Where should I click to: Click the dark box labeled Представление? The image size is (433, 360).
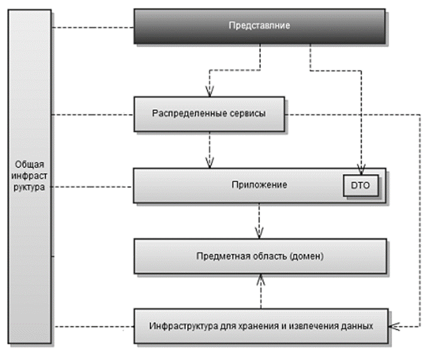tap(260, 27)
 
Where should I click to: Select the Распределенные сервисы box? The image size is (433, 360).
tap(209, 114)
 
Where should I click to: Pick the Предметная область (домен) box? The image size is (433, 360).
tap(260, 256)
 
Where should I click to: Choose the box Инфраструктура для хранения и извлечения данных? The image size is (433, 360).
tap(261, 327)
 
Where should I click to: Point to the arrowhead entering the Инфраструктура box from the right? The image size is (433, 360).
tap(393, 327)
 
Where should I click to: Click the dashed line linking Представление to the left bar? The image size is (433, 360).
tap(92, 28)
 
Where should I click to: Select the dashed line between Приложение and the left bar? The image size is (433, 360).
tap(92, 187)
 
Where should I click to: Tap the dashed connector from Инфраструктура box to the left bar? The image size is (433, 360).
tap(92, 327)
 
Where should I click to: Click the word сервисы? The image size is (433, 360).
tap(248, 114)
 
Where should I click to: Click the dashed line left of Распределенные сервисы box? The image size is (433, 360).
tap(92, 114)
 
